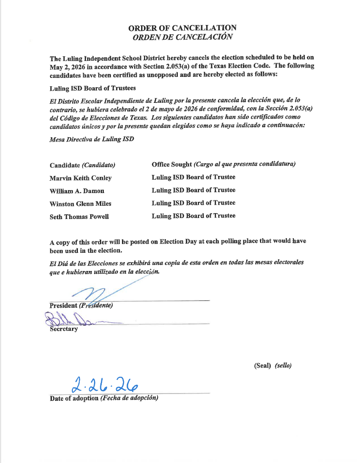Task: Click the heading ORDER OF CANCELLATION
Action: [182, 28]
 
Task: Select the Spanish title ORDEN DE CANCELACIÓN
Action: [182, 37]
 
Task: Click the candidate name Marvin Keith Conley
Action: [81, 178]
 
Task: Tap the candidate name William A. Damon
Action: [77, 191]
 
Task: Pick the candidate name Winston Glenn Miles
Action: [80, 203]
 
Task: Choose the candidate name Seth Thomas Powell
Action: [79, 216]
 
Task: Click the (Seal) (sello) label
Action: [273, 366]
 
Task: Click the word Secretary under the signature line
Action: [64, 329]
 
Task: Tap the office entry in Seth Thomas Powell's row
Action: [193, 216]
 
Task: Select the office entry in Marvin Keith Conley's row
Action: [193, 177]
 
